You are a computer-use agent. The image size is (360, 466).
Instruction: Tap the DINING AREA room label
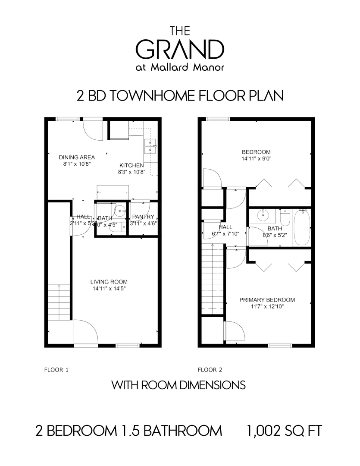(x=77, y=157)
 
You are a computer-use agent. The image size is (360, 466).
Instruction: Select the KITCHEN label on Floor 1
(x=131, y=165)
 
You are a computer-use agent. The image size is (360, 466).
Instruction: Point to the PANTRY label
(x=143, y=217)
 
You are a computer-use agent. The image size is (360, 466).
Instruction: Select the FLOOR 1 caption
(x=56, y=369)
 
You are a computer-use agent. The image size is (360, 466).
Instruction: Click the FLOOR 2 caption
(x=210, y=369)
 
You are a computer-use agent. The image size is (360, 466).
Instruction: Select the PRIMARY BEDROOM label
(x=267, y=300)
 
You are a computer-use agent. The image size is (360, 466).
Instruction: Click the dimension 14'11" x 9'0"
(x=256, y=158)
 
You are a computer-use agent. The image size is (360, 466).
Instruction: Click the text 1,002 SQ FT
(x=284, y=431)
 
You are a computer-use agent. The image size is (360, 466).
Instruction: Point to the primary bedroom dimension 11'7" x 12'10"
(x=267, y=307)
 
